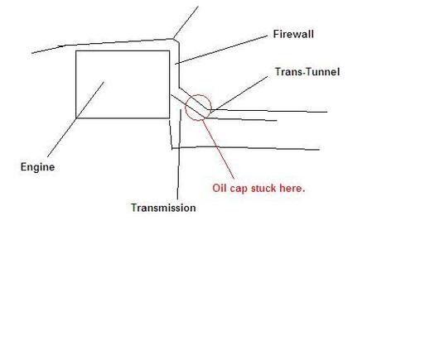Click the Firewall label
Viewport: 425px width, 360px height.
293,34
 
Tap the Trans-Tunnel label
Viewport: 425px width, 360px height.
307,72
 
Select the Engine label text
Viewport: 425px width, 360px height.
37,167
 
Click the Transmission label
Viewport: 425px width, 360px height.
163,208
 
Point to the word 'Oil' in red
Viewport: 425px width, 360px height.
220,188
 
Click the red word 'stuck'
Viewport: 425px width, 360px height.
263,188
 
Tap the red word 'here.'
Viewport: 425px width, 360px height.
292,188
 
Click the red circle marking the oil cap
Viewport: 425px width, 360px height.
211,107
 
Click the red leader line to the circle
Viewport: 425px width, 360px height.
219,149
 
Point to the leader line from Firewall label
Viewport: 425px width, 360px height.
221,50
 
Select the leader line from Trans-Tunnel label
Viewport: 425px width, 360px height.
239,94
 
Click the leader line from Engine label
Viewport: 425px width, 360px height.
75,119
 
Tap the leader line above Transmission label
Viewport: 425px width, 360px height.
179,155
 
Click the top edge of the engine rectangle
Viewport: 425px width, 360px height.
123,50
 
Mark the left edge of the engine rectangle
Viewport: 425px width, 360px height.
76,84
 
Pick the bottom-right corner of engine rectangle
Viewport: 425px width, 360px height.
169,118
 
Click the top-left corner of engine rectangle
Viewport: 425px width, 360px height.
76,50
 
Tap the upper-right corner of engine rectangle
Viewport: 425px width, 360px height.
169,50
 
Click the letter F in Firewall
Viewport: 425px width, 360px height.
276,34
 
